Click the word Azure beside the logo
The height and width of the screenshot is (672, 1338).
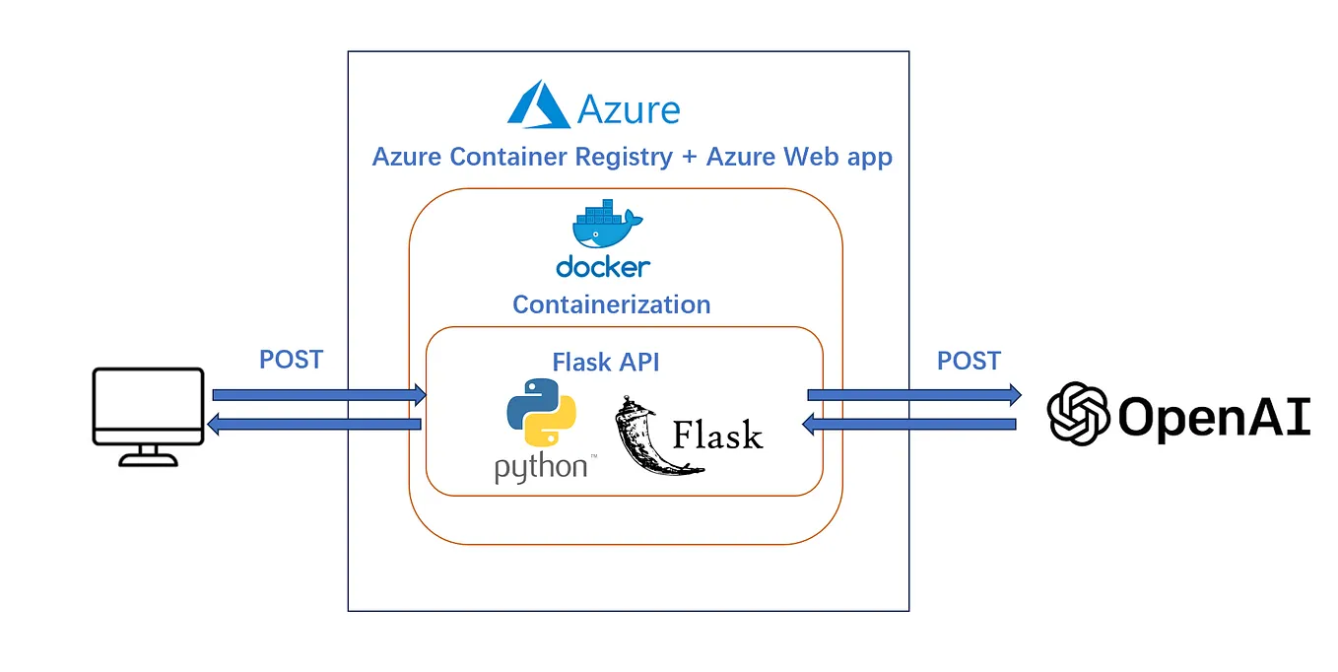[x=629, y=108]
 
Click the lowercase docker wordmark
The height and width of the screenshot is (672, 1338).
[x=603, y=266]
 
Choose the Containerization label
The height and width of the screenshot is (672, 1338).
[x=611, y=304]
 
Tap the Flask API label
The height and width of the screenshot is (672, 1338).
[x=606, y=362]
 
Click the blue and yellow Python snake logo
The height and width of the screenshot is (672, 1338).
[x=540, y=412]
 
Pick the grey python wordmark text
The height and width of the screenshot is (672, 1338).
[x=540, y=466]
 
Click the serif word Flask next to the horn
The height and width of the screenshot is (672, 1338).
[x=717, y=434]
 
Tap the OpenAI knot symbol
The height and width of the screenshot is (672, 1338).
[x=1078, y=414]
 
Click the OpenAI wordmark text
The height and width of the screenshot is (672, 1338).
[x=1214, y=416]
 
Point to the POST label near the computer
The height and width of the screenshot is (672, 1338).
[x=291, y=360]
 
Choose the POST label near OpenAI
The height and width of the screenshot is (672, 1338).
[x=969, y=361]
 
